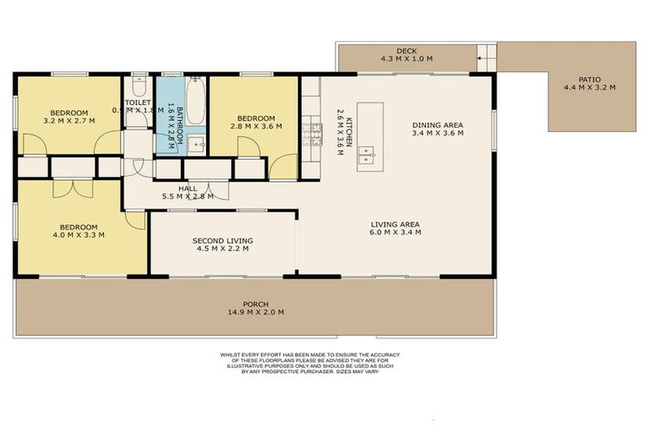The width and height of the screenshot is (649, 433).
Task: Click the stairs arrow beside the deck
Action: pos(485,59)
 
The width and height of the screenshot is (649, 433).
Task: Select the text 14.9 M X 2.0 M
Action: pos(255,312)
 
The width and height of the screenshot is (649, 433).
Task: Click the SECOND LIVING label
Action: pos(222,241)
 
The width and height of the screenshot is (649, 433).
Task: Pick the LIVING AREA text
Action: pos(395,224)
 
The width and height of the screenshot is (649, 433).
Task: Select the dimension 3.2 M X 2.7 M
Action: pos(68,121)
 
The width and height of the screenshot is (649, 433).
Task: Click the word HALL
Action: pos(188,189)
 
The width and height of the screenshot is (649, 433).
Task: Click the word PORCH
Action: pos(255,304)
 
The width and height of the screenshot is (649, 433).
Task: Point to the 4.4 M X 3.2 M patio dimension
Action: pos(589,87)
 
